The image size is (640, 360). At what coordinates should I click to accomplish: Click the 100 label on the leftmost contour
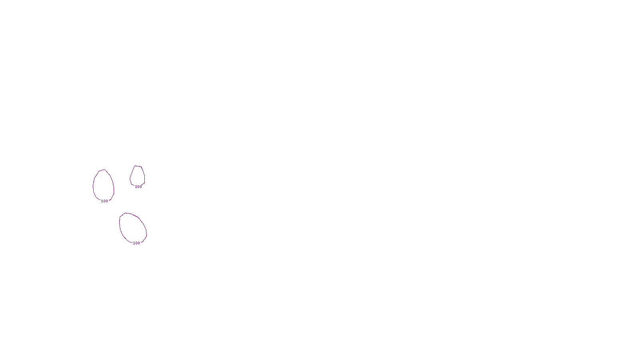pyautogui.click(x=104, y=201)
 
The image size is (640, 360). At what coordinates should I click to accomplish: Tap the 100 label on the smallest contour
pyautogui.click(x=138, y=187)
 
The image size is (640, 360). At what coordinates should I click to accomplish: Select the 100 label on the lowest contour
pyautogui.click(x=136, y=243)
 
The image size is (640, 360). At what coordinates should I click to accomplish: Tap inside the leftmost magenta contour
pyautogui.click(x=104, y=185)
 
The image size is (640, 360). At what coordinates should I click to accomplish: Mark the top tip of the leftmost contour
pyautogui.click(x=104, y=170)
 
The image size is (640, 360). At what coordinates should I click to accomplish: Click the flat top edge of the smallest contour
pyautogui.click(x=138, y=166)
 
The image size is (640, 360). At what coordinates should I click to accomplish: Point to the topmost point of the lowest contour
pyautogui.click(x=126, y=213)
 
